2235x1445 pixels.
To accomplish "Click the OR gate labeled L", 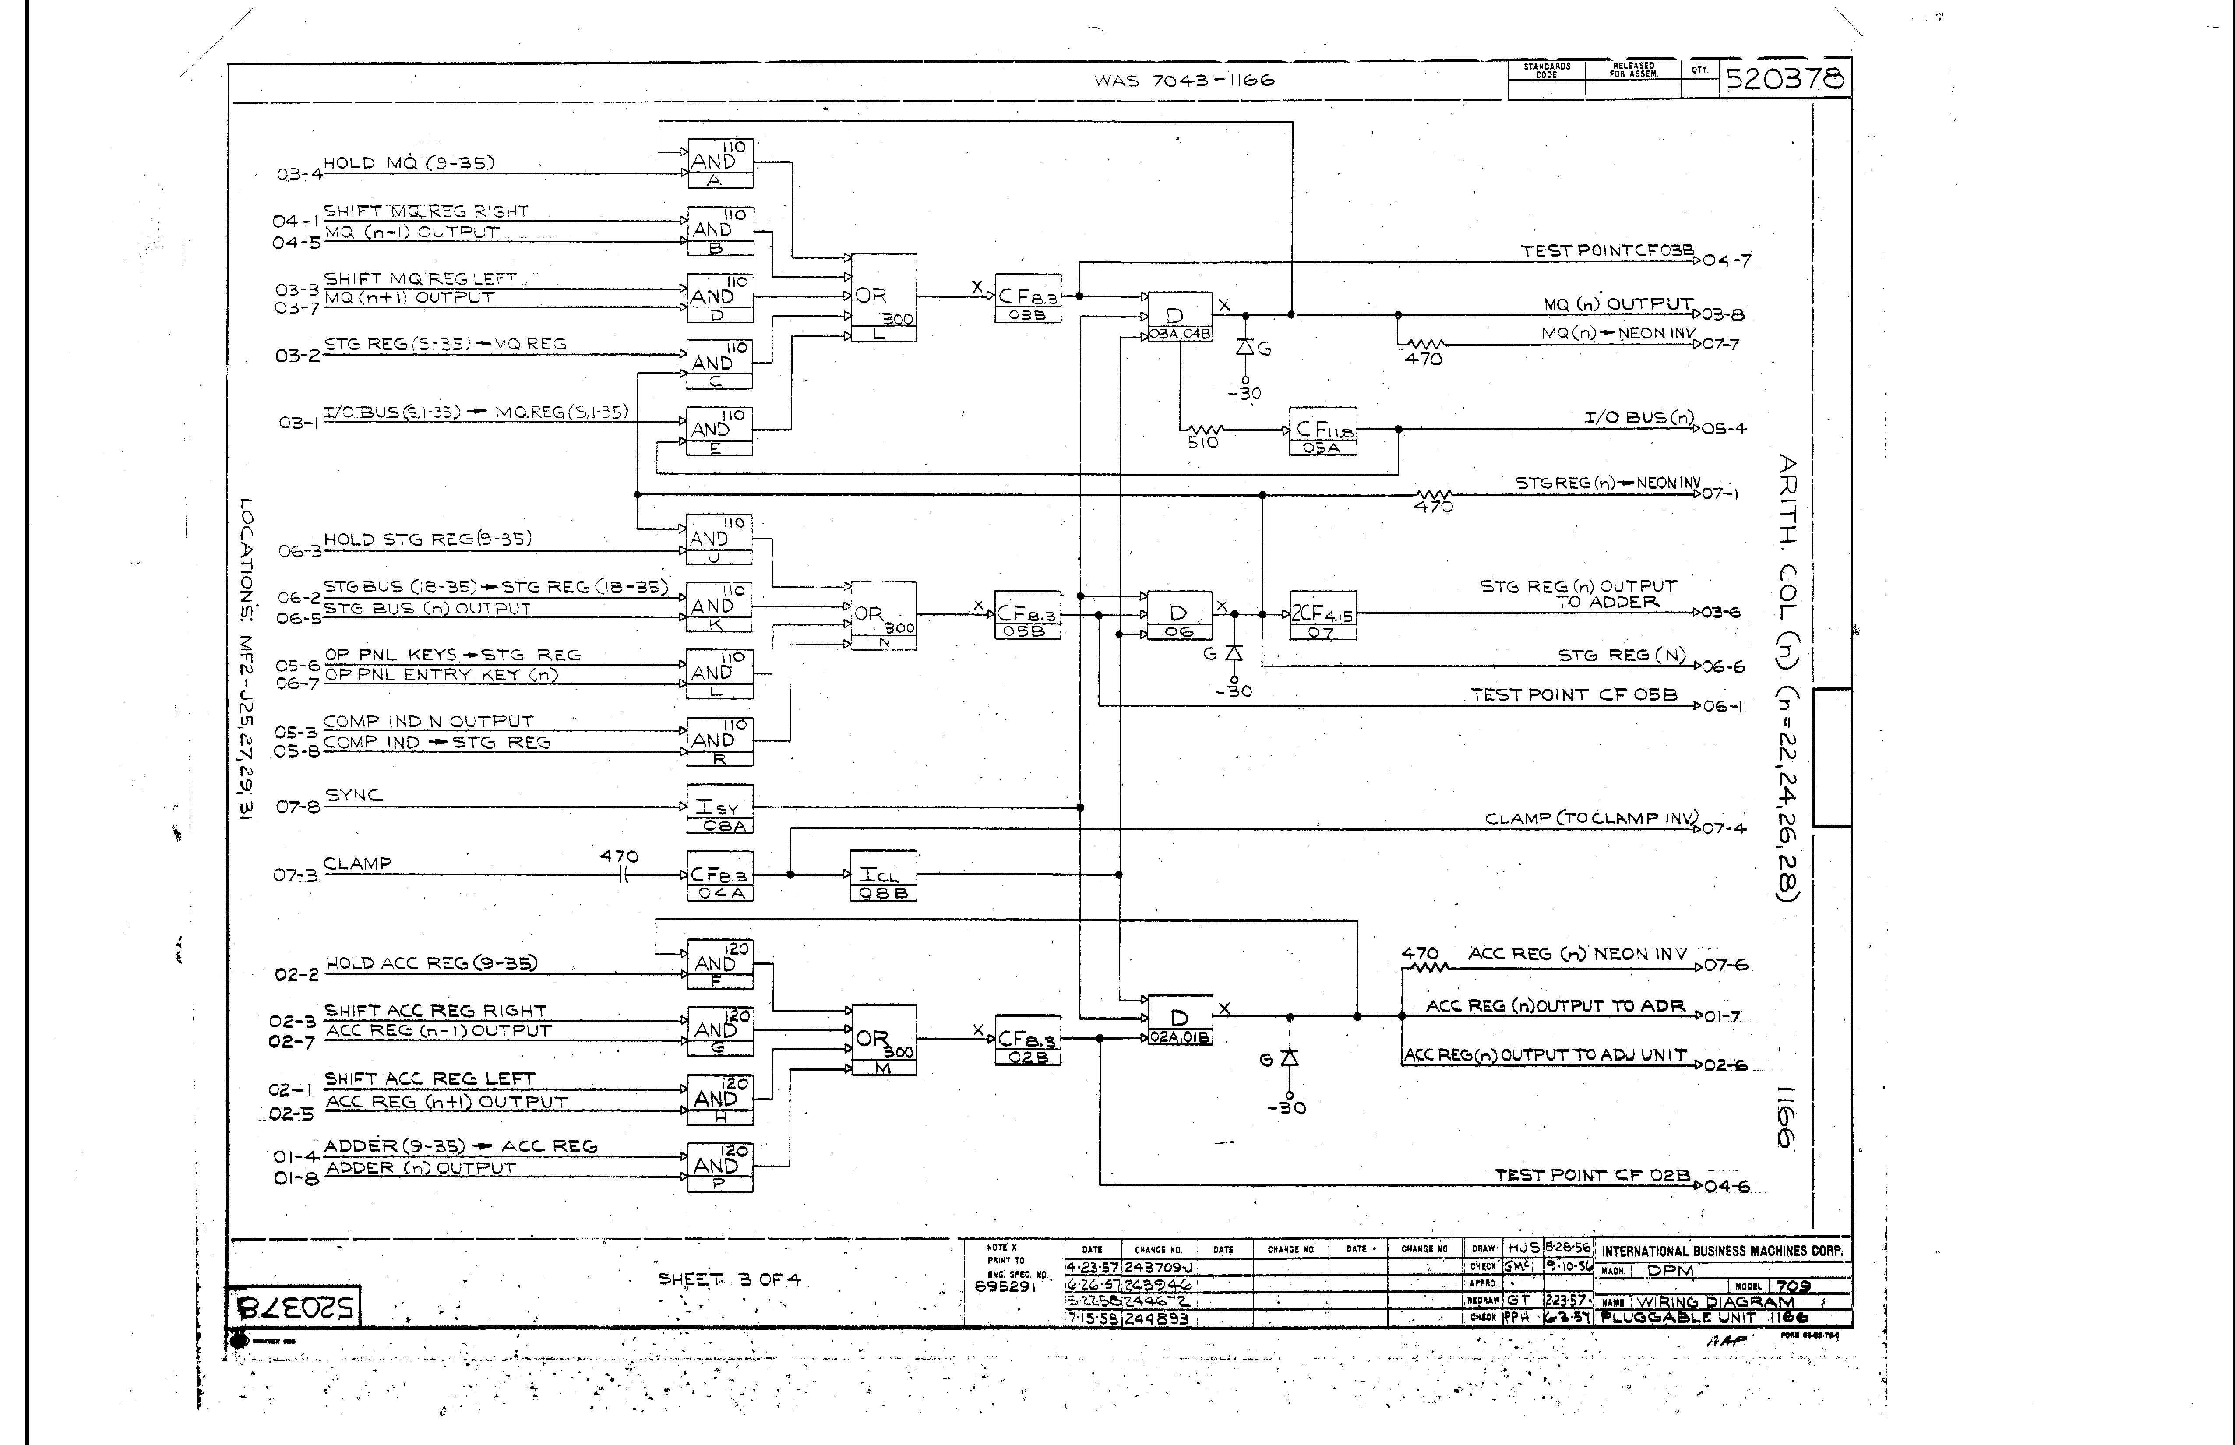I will click(x=882, y=296).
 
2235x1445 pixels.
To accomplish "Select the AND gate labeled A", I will click(x=719, y=163).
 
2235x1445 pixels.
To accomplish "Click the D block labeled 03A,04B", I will click(x=1179, y=316).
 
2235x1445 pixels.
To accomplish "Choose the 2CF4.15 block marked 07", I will click(x=1322, y=616).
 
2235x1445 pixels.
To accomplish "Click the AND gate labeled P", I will click(x=719, y=1167).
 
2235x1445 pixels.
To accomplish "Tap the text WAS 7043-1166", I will click(x=1184, y=81).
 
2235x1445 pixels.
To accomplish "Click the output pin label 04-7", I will click(x=1727, y=261).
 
